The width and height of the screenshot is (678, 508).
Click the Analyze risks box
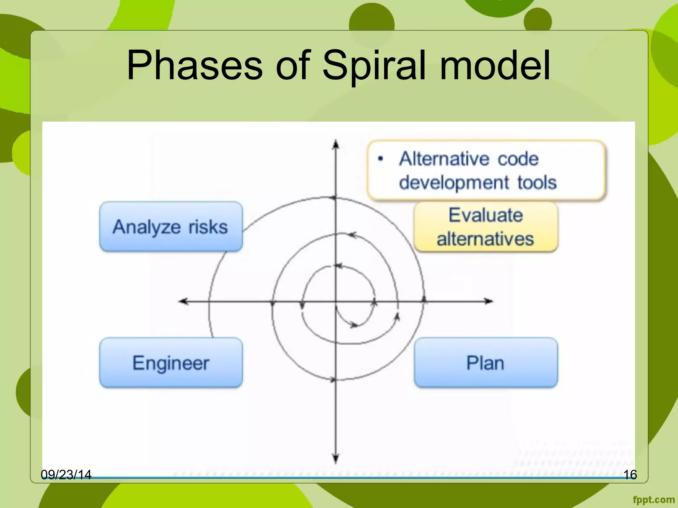pyautogui.click(x=171, y=227)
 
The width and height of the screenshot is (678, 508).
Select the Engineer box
pyautogui.click(x=171, y=363)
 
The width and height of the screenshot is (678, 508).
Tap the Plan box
pyautogui.click(x=485, y=363)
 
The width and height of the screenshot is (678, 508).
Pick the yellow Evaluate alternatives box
pyautogui.click(x=485, y=227)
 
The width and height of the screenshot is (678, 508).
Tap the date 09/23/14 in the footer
pyautogui.click(x=66, y=475)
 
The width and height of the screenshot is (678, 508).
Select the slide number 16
pyautogui.click(x=630, y=475)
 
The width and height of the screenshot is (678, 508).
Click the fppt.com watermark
pyautogui.click(x=654, y=499)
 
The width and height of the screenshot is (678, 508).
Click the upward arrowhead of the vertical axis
pyautogui.click(x=336, y=145)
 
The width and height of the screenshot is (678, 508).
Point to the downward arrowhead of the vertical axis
pyautogui.click(x=336, y=459)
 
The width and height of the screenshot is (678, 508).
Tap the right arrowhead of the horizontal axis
pyautogui.click(x=489, y=301)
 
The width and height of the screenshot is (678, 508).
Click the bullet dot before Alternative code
pyautogui.click(x=380, y=159)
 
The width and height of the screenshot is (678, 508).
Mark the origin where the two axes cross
pyautogui.click(x=336, y=301)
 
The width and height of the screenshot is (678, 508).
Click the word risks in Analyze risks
pyautogui.click(x=208, y=227)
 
